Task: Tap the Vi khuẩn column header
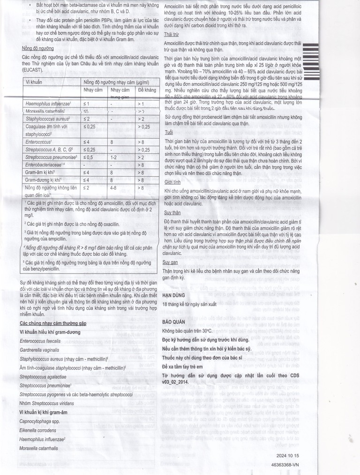(x=33, y=82)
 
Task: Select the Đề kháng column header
(x=147, y=90)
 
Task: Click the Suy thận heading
(x=172, y=212)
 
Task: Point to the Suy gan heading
(x=170, y=263)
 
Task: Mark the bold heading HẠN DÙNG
(x=174, y=296)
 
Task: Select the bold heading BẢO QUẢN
(x=175, y=323)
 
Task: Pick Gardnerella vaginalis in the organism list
(x=39, y=349)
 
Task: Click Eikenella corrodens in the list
(x=37, y=430)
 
